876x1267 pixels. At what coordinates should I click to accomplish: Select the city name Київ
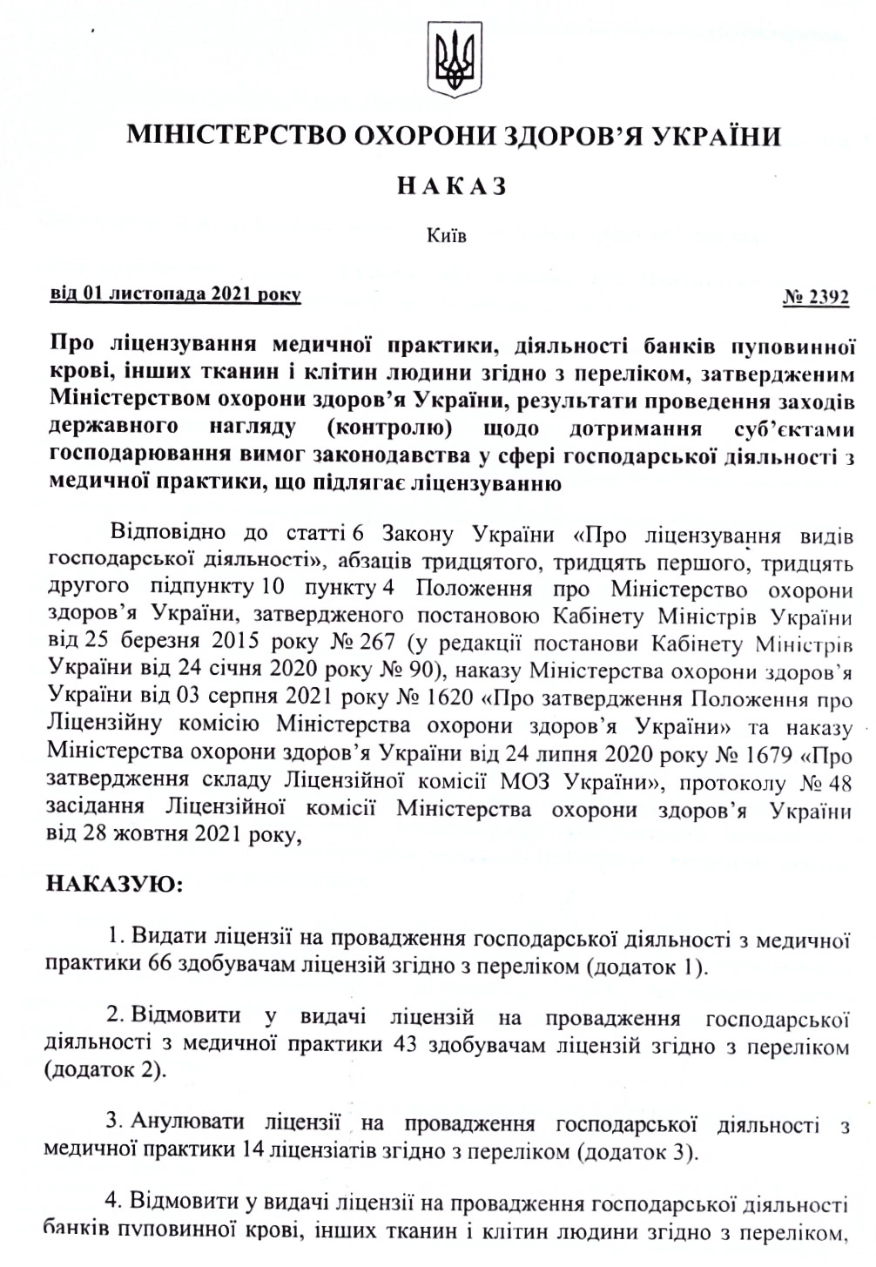tap(448, 235)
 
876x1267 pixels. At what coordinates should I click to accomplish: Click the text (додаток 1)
tap(647, 966)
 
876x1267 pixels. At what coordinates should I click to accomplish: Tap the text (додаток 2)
tap(105, 1069)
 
